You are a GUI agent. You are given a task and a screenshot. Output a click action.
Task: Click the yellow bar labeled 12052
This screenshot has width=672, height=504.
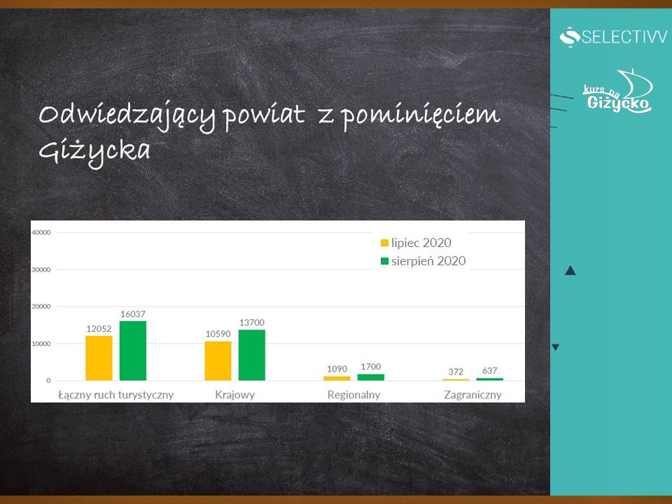(99, 358)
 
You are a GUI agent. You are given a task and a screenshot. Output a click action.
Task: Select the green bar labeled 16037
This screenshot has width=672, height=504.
(133, 351)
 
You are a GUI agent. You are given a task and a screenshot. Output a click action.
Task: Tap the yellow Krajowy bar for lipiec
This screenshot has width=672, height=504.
(218, 361)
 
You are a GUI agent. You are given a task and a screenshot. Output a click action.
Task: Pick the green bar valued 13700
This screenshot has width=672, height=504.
(251, 356)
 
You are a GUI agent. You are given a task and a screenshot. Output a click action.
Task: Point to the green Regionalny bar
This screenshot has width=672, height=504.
(371, 377)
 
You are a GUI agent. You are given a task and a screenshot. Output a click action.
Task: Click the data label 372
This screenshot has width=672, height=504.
(456, 372)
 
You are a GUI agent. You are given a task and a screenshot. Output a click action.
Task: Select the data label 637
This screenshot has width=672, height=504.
(489, 370)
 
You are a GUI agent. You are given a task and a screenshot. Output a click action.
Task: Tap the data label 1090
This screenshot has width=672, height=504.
(337, 369)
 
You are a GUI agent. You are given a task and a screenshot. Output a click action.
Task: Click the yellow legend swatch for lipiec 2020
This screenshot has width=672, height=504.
(384, 243)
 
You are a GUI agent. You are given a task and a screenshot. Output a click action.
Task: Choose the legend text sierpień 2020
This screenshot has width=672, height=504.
(428, 261)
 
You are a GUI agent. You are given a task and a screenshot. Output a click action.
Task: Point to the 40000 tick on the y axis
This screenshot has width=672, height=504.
(41, 232)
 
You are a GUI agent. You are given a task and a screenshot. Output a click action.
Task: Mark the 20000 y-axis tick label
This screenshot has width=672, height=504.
(41, 307)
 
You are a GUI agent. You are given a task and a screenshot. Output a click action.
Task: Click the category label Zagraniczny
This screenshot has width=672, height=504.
(472, 395)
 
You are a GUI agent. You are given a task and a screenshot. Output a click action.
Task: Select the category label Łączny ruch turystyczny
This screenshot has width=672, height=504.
(115, 395)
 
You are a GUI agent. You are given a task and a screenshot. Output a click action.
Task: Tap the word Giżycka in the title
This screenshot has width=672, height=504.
(94, 152)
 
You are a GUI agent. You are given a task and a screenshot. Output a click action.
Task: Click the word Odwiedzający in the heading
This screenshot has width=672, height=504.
(127, 115)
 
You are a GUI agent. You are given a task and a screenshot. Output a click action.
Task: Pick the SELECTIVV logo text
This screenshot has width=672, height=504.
(624, 37)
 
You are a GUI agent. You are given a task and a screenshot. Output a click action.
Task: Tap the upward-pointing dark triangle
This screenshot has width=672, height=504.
(570, 270)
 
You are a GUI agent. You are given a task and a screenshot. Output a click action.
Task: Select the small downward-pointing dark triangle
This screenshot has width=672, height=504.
(555, 347)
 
